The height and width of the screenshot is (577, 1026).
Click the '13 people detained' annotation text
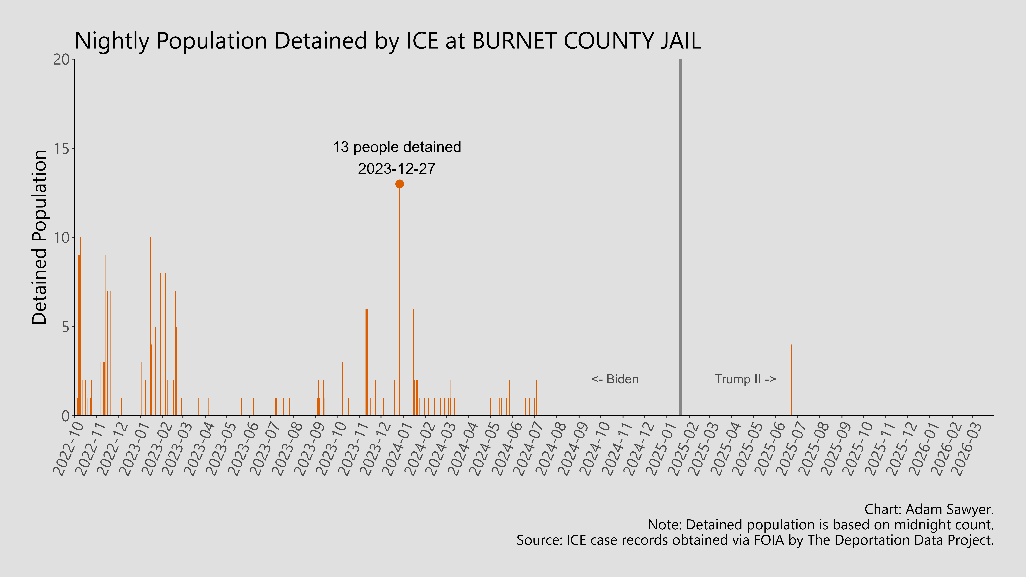pyautogui.click(x=397, y=147)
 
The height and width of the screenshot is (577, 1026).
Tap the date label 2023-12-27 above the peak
pyautogui.click(x=397, y=169)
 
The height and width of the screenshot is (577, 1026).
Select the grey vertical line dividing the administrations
pyautogui.click(x=680, y=239)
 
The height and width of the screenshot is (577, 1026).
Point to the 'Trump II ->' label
pyautogui.click(x=745, y=379)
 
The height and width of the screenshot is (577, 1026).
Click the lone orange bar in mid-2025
pyautogui.click(x=791, y=380)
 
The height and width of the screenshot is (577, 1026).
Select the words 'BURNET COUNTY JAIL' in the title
pyautogui.click(x=586, y=41)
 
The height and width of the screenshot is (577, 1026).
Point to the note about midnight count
pyautogui.click(x=820, y=525)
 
